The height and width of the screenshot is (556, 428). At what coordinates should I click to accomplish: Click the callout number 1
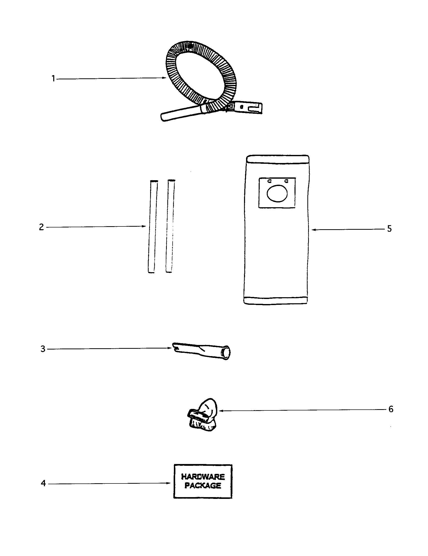point(53,79)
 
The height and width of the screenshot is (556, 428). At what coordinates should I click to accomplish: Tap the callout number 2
point(41,227)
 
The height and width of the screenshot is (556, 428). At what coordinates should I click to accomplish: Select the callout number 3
point(43,349)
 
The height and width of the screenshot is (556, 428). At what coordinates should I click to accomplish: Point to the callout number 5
point(389,229)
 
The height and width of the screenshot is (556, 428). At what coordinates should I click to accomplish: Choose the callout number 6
point(391,409)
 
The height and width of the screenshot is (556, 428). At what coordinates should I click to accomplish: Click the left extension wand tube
point(152,226)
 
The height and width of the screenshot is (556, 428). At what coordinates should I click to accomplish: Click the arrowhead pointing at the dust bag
point(314,230)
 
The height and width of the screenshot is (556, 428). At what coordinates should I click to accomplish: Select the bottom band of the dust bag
point(276,300)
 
